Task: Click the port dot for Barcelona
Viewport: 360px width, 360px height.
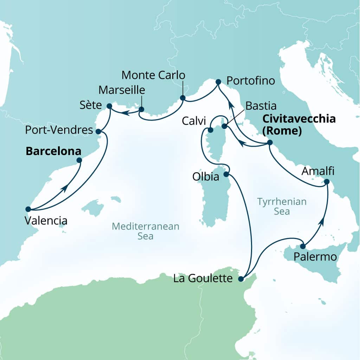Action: pyautogui.click(x=79, y=160)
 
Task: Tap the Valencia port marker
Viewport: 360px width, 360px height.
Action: pyautogui.click(x=28, y=208)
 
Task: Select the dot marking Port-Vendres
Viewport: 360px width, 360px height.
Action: pyautogui.click(x=98, y=131)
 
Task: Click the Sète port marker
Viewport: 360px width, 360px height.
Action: pyautogui.click(x=109, y=106)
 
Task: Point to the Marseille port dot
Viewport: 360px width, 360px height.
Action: pyautogui.click(x=141, y=109)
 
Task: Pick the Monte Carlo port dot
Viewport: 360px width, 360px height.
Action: pyautogui.click(x=182, y=98)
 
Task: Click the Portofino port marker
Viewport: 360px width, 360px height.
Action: pyautogui.click(x=218, y=82)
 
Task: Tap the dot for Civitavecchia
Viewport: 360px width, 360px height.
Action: pyautogui.click(x=270, y=142)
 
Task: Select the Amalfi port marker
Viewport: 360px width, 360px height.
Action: pyautogui.click(x=327, y=182)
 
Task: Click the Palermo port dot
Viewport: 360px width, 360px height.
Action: pyautogui.click(x=303, y=246)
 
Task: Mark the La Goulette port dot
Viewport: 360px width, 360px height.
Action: pyautogui.click(x=241, y=279)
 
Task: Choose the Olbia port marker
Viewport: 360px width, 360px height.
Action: pyautogui.click(x=227, y=174)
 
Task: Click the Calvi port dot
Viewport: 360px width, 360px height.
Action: pyautogui.click(x=210, y=130)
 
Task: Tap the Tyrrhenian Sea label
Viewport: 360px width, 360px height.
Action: pyautogui.click(x=282, y=206)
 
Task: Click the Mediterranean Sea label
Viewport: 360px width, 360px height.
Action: pyautogui.click(x=146, y=231)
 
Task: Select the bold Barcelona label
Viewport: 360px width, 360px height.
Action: pyautogui.click(x=53, y=151)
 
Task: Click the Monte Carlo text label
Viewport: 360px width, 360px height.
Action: pyautogui.click(x=153, y=75)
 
